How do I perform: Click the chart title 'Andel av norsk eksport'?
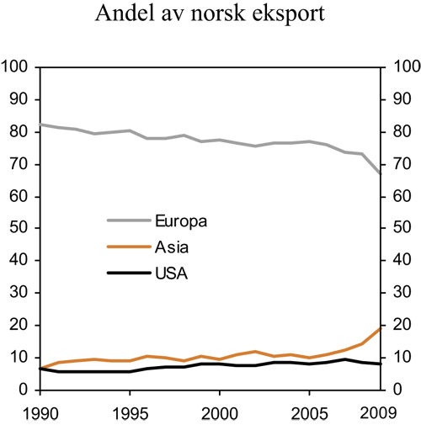tap(210, 14)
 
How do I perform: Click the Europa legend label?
tap(181, 221)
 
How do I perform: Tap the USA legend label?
tap(171, 274)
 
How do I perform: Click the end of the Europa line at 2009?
tap(381, 173)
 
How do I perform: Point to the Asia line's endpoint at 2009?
tap(381, 328)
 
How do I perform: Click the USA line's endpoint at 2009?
tap(381, 364)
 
